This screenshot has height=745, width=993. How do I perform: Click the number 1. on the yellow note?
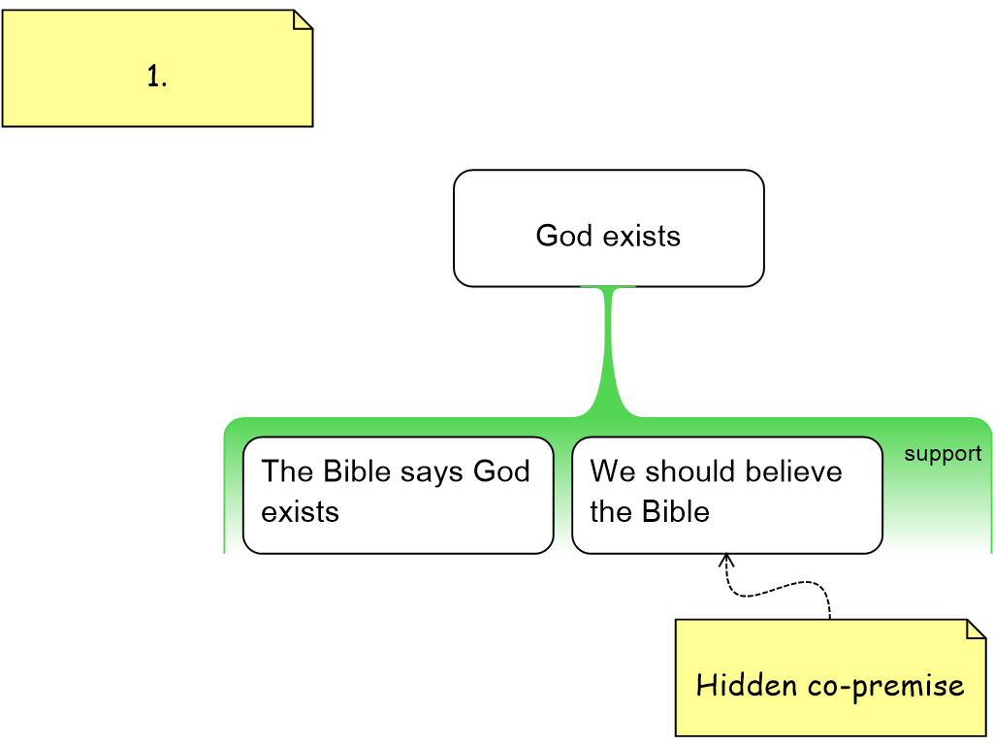[157, 78]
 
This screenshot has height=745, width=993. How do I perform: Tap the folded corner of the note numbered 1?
[302, 19]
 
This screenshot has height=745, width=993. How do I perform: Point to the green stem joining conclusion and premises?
[609, 349]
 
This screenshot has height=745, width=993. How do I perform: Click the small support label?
[943, 454]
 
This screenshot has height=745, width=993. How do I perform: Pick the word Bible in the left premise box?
[356, 471]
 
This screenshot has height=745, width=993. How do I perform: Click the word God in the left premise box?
[501, 471]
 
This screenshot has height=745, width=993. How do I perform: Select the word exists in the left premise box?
[300, 511]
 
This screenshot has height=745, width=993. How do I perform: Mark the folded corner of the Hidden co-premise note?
[976, 630]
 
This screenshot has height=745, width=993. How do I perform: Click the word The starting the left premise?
[287, 471]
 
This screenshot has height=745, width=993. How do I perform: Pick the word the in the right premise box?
[612, 511]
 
